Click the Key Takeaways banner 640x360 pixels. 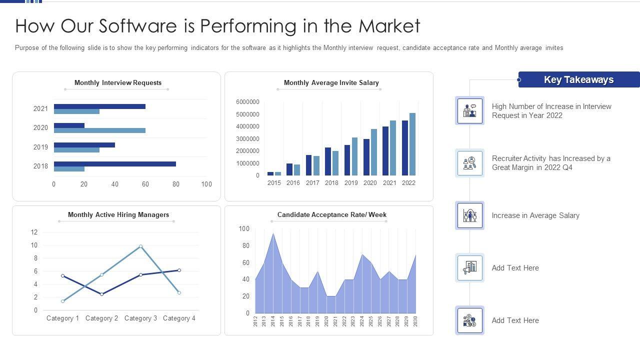[578, 79]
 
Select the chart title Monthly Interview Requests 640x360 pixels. [118, 83]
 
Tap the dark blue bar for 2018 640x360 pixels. [115, 163]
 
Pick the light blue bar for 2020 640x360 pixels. [99, 130]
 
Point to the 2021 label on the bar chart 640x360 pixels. [40, 108]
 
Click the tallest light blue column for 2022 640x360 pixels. [412, 144]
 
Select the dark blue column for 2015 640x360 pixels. [270, 173]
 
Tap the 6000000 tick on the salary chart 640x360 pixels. [247, 102]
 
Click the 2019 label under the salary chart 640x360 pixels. [351, 183]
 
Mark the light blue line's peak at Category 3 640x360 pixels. [140, 246]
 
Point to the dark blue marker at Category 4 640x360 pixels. [179, 270]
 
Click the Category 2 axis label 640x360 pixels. [101, 318]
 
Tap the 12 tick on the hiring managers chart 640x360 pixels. [34, 232]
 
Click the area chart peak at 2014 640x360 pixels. [273, 234]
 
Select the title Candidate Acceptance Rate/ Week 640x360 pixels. [331, 215]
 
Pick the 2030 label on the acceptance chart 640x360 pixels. [415, 321]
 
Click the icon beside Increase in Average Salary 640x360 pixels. [469, 215]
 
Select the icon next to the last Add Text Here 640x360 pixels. [469, 320]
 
